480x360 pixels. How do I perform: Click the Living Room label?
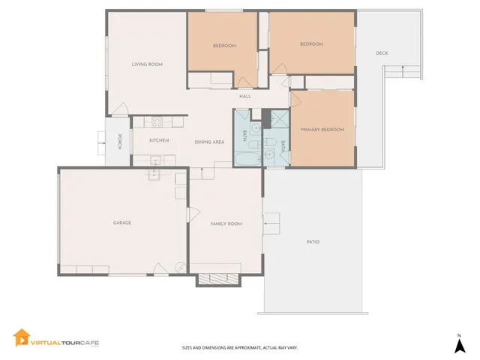click(x=147, y=64)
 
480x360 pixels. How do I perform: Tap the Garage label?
click(x=122, y=223)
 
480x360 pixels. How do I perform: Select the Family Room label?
click(x=225, y=223)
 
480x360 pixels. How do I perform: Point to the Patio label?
click(x=313, y=241)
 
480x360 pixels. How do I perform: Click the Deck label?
click(x=382, y=52)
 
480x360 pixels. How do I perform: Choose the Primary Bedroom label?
click(x=322, y=130)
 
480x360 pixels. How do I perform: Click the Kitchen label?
click(x=158, y=140)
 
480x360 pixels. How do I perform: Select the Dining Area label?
click(x=209, y=142)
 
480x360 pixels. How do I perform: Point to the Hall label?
click(x=244, y=96)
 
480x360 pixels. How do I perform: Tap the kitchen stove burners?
click(x=158, y=120)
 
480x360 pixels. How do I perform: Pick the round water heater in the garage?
click(x=180, y=267)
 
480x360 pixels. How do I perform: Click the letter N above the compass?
click(x=458, y=334)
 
